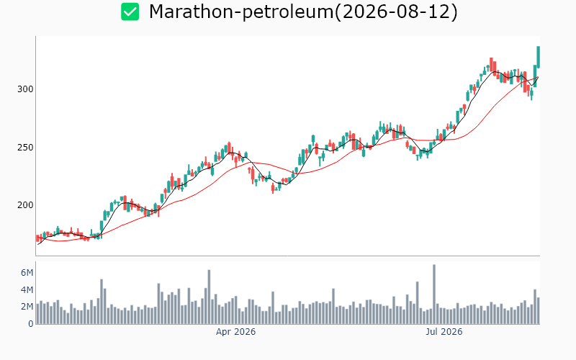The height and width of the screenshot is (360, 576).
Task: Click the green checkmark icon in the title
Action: [x=130, y=12]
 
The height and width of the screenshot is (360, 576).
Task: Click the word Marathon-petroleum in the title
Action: [x=241, y=12]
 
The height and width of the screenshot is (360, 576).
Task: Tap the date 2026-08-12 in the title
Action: [x=395, y=12]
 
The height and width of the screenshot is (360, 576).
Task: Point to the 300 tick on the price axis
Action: [x=25, y=89]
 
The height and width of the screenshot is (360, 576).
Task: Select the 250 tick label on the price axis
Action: [x=25, y=148]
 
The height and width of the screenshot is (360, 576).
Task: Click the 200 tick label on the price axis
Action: [x=25, y=205]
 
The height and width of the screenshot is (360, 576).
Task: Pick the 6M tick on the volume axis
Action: [x=27, y=273]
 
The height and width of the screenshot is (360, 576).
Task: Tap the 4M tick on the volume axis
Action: [x=27, y=290]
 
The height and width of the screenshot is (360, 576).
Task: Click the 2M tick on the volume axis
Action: [x=27, y=307]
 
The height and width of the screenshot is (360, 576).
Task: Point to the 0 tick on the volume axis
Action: [x=30, y=323]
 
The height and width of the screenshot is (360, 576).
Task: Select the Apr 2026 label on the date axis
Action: [x=235, y=332]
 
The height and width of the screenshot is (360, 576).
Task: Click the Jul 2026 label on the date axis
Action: [x=444, y=332]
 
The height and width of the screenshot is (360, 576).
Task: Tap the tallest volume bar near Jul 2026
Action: [x=434, y=294]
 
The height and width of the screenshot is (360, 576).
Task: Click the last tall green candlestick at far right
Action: [x=539, y=57]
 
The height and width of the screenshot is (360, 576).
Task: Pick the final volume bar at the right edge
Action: [x=539, y=311]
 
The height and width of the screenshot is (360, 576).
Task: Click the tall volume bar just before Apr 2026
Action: [x=209, y=297]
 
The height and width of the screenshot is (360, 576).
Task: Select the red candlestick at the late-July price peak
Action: [x=491, y=65]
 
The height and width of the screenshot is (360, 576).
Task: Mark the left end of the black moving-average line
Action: [x=38, y=244]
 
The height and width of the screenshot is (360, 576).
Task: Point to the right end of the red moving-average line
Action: [x=539, y=77]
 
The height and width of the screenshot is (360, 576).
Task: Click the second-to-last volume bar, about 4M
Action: [x=535, y=307]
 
